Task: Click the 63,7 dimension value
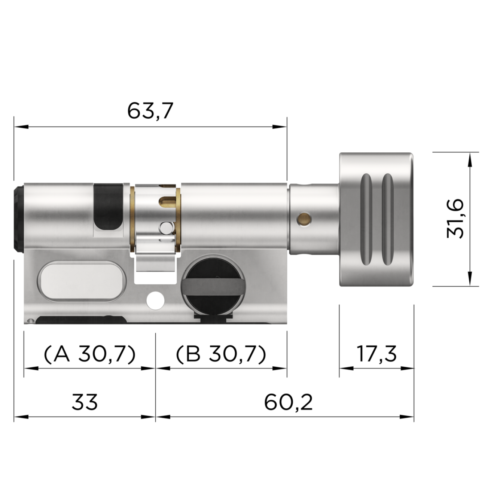tap(150, 111)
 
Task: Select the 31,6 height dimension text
tap(455, 219)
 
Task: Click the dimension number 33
tap(85, 402)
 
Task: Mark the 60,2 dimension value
tap(288, 402)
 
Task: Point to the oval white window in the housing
tap(82, 280)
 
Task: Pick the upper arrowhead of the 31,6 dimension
tap(470, 159)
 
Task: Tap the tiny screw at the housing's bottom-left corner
tap(30, 320)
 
